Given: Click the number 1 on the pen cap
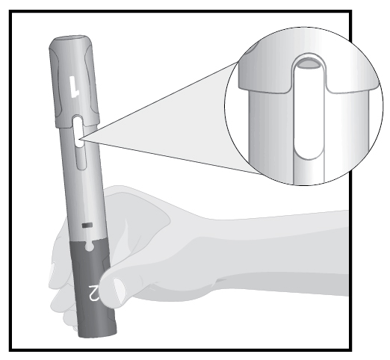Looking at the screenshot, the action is tap(74, 87).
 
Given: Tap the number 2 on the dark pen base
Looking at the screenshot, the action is tap(94, 293).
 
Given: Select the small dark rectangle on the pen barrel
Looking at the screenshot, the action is tap(87, 226).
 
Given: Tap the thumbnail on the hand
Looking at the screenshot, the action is tap(120, 291).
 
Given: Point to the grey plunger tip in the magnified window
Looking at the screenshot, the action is tap(309, 63).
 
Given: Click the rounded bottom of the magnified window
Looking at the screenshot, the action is tap(309, 152).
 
